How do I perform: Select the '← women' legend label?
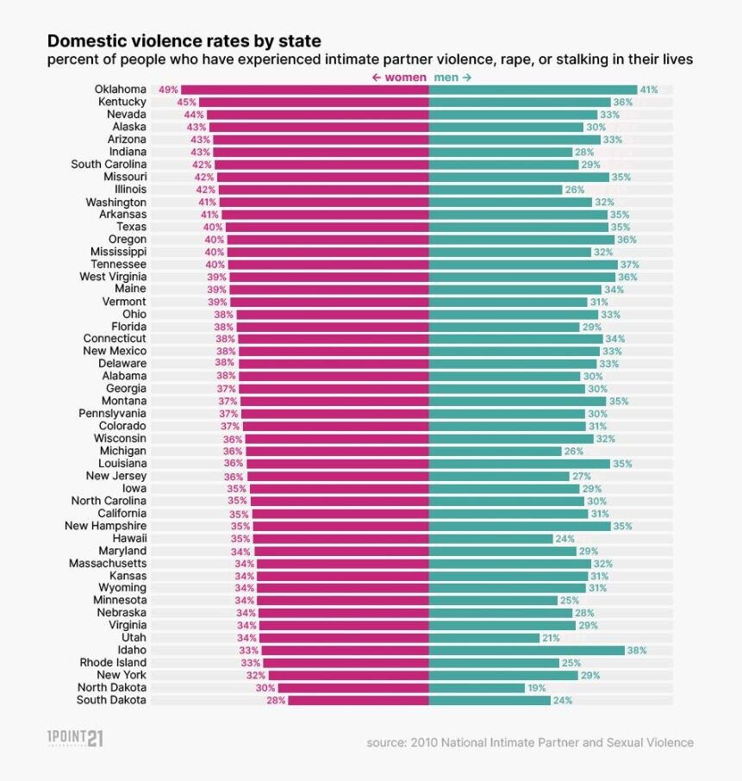coord(398,78)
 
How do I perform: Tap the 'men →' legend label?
coord(452,78)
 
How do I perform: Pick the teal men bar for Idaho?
coord(527,650)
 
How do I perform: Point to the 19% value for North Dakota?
coord(537,688)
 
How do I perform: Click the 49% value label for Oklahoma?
coord(168,90)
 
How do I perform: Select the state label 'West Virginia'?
coord(113,277)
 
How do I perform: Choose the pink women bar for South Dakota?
coord(358,700)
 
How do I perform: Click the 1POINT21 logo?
coord(74,739)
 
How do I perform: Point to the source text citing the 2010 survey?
coord(529,742)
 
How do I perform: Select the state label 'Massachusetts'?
coord(108,563)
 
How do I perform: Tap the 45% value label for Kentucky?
coord(186,103)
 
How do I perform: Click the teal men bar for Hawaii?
coord(490,538)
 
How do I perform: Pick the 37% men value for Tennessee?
coord(629,265)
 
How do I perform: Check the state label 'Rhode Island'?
coord(113,663)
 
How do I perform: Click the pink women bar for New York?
coord(348,675)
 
